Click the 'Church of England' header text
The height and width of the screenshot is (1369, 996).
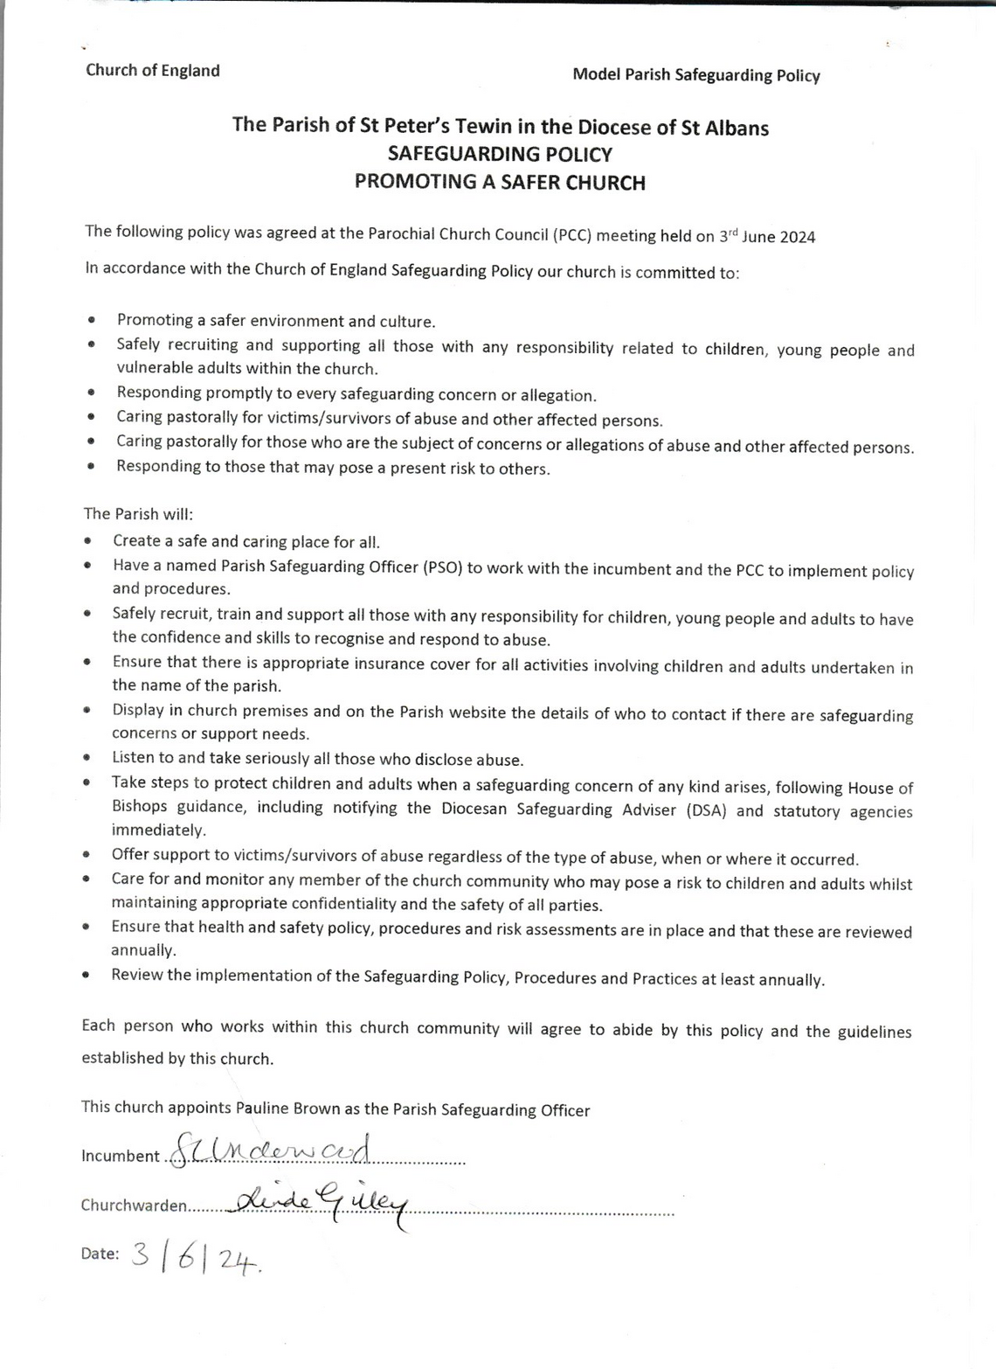[x=153, y=71]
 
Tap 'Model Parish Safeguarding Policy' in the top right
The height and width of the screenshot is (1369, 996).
[x=695, y=75]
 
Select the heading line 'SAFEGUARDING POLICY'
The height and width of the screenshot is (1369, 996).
[x=500, y=155]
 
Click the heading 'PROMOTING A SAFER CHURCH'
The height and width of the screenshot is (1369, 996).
[x=500, y=182]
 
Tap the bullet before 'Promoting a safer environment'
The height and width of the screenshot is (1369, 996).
[x=92, y=321]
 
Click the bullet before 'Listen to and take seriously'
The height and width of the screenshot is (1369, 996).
[x=87, y=758]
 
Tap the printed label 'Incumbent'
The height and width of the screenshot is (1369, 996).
[x=121, y=1156]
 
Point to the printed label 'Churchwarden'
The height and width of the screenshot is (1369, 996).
[x=134, y=1206]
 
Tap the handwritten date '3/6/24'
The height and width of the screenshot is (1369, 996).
[x=197, y=1256]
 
